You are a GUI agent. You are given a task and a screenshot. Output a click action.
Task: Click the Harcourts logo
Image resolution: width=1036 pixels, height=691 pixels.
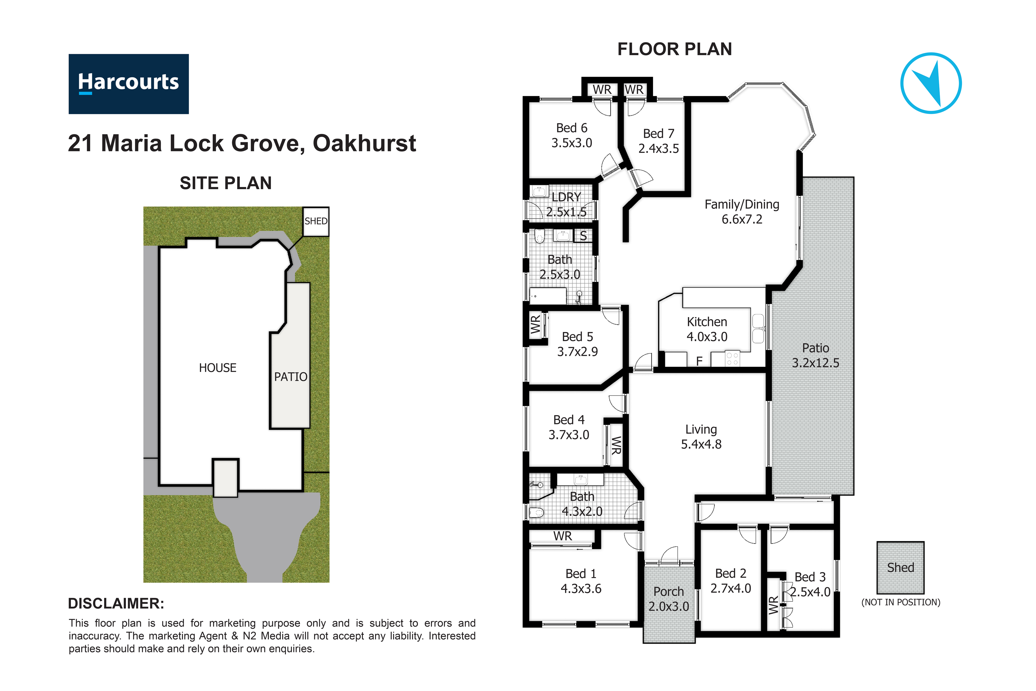(129, 84)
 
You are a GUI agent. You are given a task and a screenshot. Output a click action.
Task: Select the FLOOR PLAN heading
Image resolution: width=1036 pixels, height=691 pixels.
(674, 49)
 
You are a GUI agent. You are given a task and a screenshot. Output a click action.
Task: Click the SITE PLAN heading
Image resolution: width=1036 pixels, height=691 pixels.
(226, 183)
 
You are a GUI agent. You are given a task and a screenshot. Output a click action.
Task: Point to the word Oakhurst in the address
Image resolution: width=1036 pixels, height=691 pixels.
(364, 143)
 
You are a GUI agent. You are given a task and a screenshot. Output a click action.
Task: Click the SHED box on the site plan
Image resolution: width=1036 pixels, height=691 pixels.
(316, 221)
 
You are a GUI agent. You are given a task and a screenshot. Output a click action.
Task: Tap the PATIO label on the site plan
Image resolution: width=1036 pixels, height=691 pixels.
(291, 377)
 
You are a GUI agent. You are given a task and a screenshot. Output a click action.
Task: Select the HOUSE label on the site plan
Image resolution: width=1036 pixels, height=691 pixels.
(218, 368)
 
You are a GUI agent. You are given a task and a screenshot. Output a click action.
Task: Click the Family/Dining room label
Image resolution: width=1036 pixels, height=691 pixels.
(742, 204)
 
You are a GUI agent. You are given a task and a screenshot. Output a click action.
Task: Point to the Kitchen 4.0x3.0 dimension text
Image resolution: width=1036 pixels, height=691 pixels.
(707, 337)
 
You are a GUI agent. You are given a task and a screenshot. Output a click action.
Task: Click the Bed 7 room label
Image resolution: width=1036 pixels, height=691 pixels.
(659, 133)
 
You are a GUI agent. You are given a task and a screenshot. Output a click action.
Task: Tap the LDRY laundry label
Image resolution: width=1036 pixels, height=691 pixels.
(566, 197)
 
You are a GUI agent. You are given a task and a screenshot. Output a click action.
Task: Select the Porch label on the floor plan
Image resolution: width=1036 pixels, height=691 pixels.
(669, 592)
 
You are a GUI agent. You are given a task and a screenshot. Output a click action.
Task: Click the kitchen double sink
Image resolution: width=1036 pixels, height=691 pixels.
(758, 328)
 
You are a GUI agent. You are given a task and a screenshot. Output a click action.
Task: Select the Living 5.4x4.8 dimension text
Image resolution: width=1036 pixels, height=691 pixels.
(701, 444)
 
